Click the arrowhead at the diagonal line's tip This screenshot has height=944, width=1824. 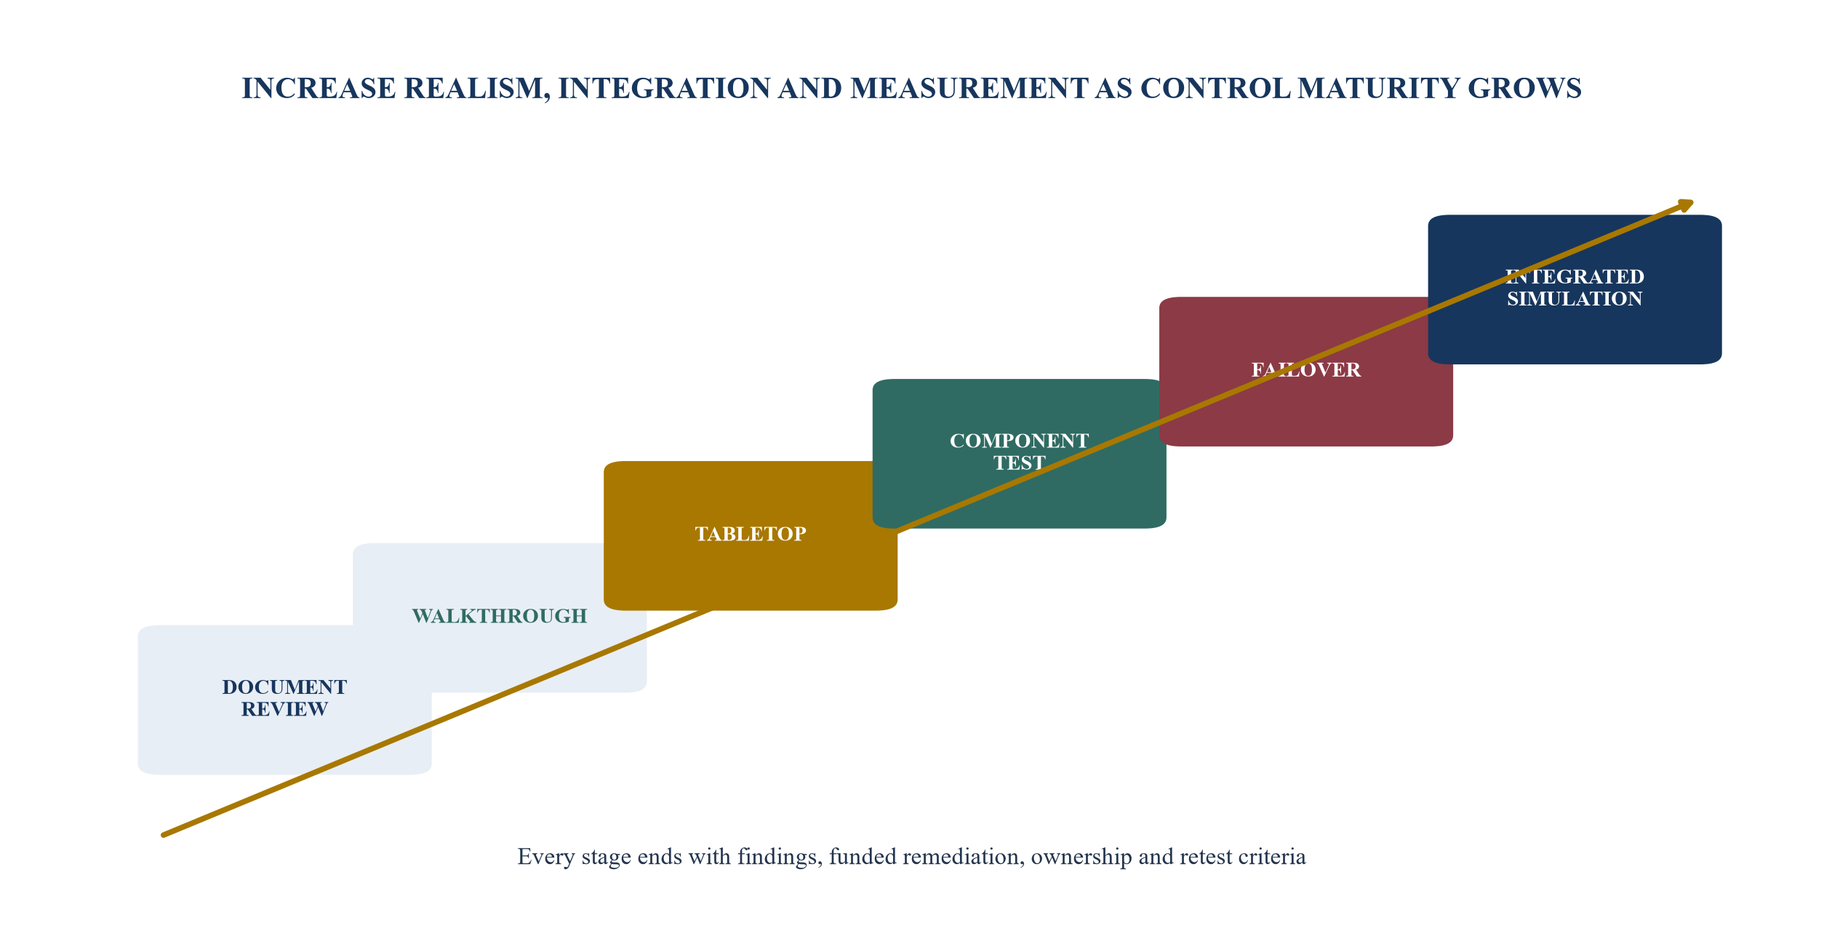click(1685, 206)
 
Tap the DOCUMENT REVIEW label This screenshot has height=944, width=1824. click(284, 698)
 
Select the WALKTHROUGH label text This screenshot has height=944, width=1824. click(500, 616)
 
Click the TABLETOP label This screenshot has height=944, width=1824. click(751, 534)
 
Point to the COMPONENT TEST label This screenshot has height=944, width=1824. click(1019, 452)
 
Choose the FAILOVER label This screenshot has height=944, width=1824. click(1306, 369)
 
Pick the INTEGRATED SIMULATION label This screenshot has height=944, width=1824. click(1575, 287)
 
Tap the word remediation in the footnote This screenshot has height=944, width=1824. click(961, 857)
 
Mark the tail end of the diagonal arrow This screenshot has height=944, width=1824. click(164, 835)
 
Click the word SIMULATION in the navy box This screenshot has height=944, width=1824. click(1575, 299)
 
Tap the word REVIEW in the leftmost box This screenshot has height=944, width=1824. click(284, 709)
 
